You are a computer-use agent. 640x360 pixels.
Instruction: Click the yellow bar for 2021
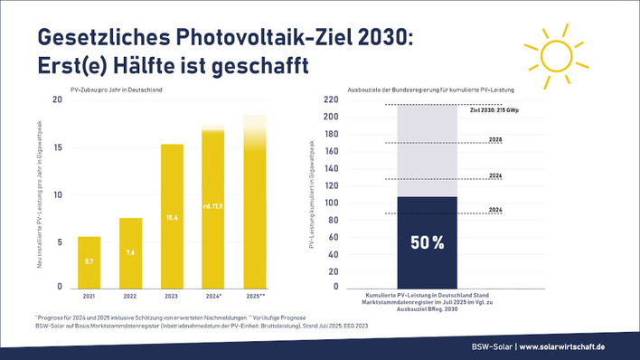coord(89,261)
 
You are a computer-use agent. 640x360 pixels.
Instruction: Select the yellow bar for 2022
coord(130,252)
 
